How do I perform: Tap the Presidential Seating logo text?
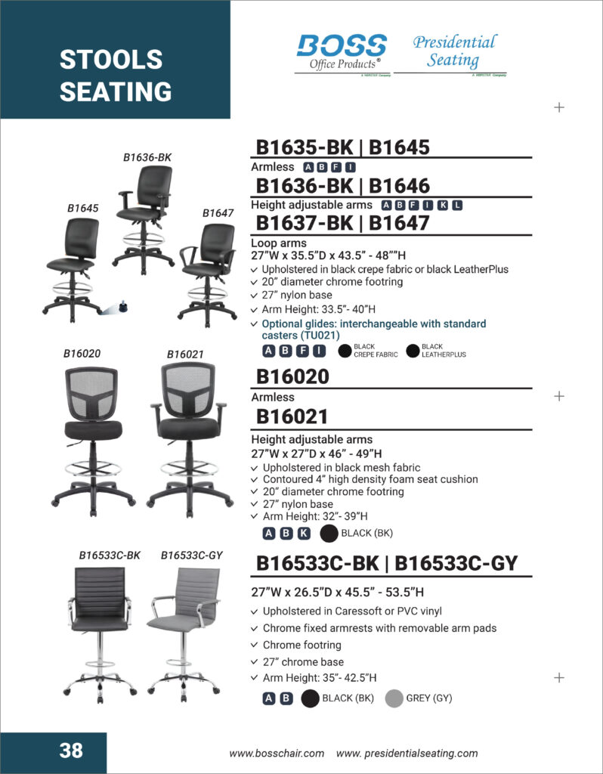pos(454,51)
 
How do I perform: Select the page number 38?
pos(71,751)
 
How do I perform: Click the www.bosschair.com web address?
pos(277,753)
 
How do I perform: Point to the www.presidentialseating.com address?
pos(407,753)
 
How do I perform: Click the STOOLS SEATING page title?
pos(115,76)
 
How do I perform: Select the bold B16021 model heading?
pos(292,416)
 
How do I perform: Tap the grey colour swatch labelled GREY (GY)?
pos(394,698)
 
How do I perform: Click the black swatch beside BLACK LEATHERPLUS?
pos(413,351)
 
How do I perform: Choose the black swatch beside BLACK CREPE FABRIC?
pos(345,351)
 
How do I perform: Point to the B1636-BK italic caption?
pos(147,157)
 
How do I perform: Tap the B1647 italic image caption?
pos(218,213)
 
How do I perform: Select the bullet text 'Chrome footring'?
pos(301,645)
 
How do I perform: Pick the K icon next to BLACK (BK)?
pos(304,534)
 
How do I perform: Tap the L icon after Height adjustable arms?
pos(457,205)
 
